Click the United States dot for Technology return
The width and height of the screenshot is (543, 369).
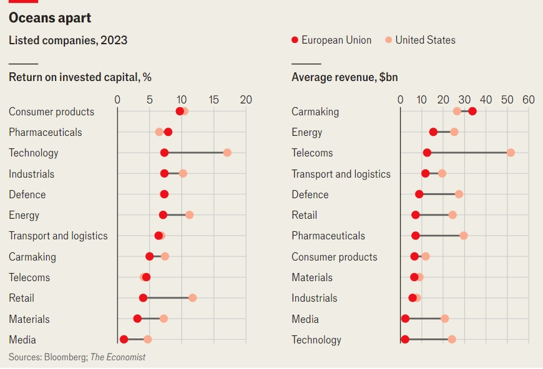point(227,153)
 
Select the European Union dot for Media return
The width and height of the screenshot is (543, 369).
point(124,339)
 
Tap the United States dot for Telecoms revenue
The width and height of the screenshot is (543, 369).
point(511,153)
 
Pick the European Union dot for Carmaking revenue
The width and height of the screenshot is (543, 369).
point(472,112)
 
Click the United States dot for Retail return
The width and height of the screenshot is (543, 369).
point(192,298)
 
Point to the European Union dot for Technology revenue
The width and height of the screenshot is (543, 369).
point(405,339)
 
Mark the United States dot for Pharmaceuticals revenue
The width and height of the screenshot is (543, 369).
point(464,236)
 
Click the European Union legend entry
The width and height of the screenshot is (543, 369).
point(331,40)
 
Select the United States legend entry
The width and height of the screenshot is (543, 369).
point(421,40)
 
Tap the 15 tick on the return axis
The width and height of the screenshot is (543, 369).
point(213,100)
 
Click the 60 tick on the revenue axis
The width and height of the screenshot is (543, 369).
point(529,100)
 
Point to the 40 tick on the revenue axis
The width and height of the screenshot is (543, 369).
point(486,100)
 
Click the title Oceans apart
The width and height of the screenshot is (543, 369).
point(50,17)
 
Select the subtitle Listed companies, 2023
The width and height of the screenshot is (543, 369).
point(68,41)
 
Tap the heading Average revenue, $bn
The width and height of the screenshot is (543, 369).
point(345,77)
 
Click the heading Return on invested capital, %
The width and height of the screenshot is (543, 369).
point(80,77)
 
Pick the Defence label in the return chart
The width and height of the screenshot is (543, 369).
point(27,194)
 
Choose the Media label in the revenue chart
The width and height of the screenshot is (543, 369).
point(305,319)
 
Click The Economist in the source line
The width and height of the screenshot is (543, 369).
point(118,357)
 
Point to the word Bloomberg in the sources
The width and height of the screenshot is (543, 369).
point(66,357)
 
